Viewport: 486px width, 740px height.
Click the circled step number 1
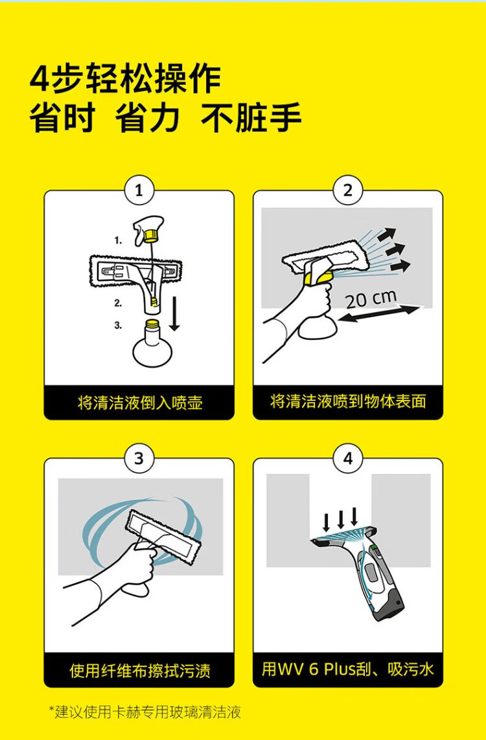[x=139, y=190]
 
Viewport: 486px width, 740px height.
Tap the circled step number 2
[x=347, y=190]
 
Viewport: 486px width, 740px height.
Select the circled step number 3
[x=139, y=458]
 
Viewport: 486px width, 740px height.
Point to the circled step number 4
[x=347, y=458]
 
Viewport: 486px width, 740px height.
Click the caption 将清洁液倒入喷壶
[x=139, y=403]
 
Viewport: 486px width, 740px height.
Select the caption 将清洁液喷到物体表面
[x=348, y=401]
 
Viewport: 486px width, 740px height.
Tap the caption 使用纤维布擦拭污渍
[x=140, y=669]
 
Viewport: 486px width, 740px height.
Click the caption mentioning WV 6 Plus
[x=348, y=669]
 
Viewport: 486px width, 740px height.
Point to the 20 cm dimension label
[x=371, y=299]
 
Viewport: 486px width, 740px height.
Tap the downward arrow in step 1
[x=174, y=313]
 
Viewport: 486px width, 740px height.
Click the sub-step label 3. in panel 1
[x=118, y=325]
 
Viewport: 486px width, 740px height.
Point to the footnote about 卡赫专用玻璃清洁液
[x=145, y=712]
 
